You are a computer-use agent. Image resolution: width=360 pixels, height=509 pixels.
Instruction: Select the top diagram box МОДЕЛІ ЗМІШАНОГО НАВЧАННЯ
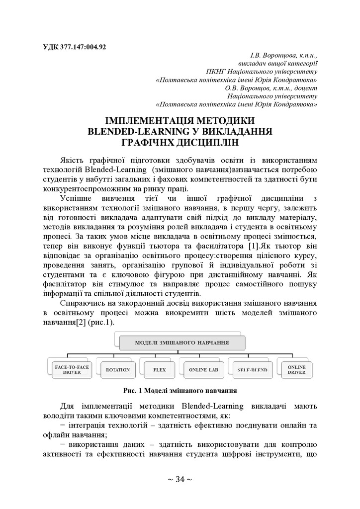182,342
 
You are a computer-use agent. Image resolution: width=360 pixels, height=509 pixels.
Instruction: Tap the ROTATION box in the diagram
118,370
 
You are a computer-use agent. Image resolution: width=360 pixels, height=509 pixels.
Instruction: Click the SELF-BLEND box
249,370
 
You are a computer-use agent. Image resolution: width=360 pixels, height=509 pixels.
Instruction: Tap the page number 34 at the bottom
180,479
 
